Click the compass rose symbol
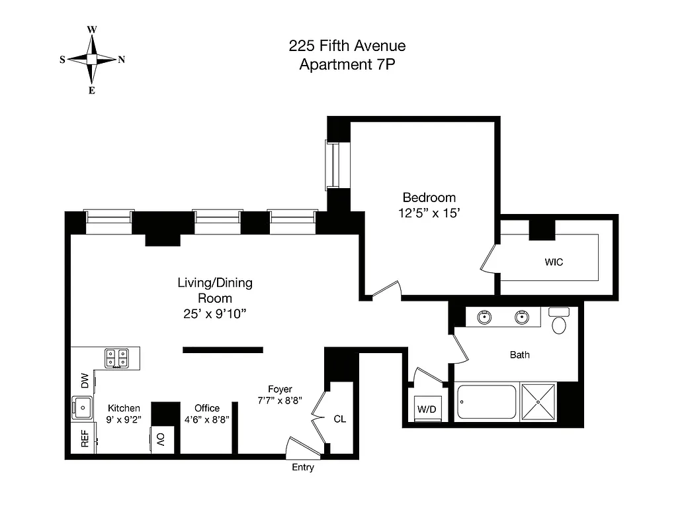(92, 60)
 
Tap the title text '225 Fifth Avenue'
(347, 46)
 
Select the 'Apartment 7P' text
(347, 65)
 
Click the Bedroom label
(429, 197)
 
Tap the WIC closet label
(554, 262)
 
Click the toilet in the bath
(560, 323)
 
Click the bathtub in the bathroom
(487, 402)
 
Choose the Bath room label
(519, 355)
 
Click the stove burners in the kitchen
(118, 358)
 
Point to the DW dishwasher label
(85, 382)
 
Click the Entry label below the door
(303, 468)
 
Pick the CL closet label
(339, 419)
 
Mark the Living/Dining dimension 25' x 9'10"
(214, 313)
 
